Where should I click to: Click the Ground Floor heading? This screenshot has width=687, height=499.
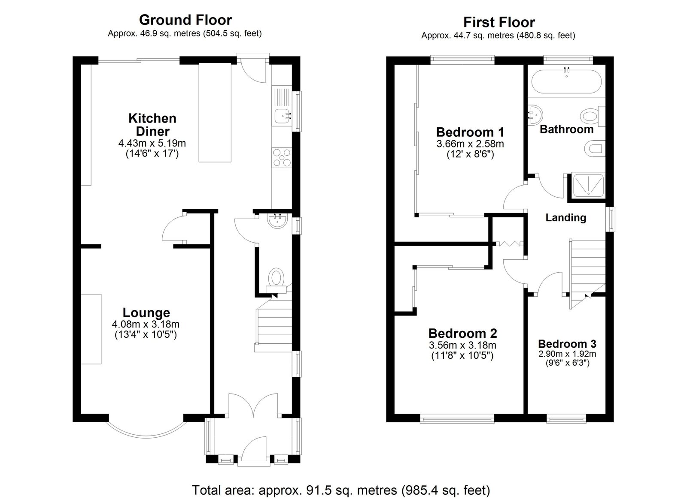(x=185, y=20)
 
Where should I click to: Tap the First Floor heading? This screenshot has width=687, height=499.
(x=499, y=22)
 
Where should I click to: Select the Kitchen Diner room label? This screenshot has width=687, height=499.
(x=152, y=125)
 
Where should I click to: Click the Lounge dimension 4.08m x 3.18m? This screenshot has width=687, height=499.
(x=146, y=324)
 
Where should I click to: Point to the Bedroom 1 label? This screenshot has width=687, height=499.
(x=470, y=132)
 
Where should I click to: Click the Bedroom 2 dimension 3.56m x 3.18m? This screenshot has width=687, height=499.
(x=462, y=346)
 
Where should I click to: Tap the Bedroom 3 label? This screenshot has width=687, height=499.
(x=567, y=344)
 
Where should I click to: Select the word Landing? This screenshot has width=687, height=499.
(x=566, y=218)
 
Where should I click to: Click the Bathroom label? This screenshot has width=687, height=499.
(x=566, y=129)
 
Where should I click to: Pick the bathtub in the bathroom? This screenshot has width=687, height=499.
(x=566, y=81)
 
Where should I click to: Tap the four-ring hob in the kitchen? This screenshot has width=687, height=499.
(x=282, y=157)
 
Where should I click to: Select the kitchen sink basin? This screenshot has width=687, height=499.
(x=282, y=116)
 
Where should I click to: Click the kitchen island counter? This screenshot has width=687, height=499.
(x=215, y=112)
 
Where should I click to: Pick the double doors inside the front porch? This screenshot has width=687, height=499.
(x=253, y=405)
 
